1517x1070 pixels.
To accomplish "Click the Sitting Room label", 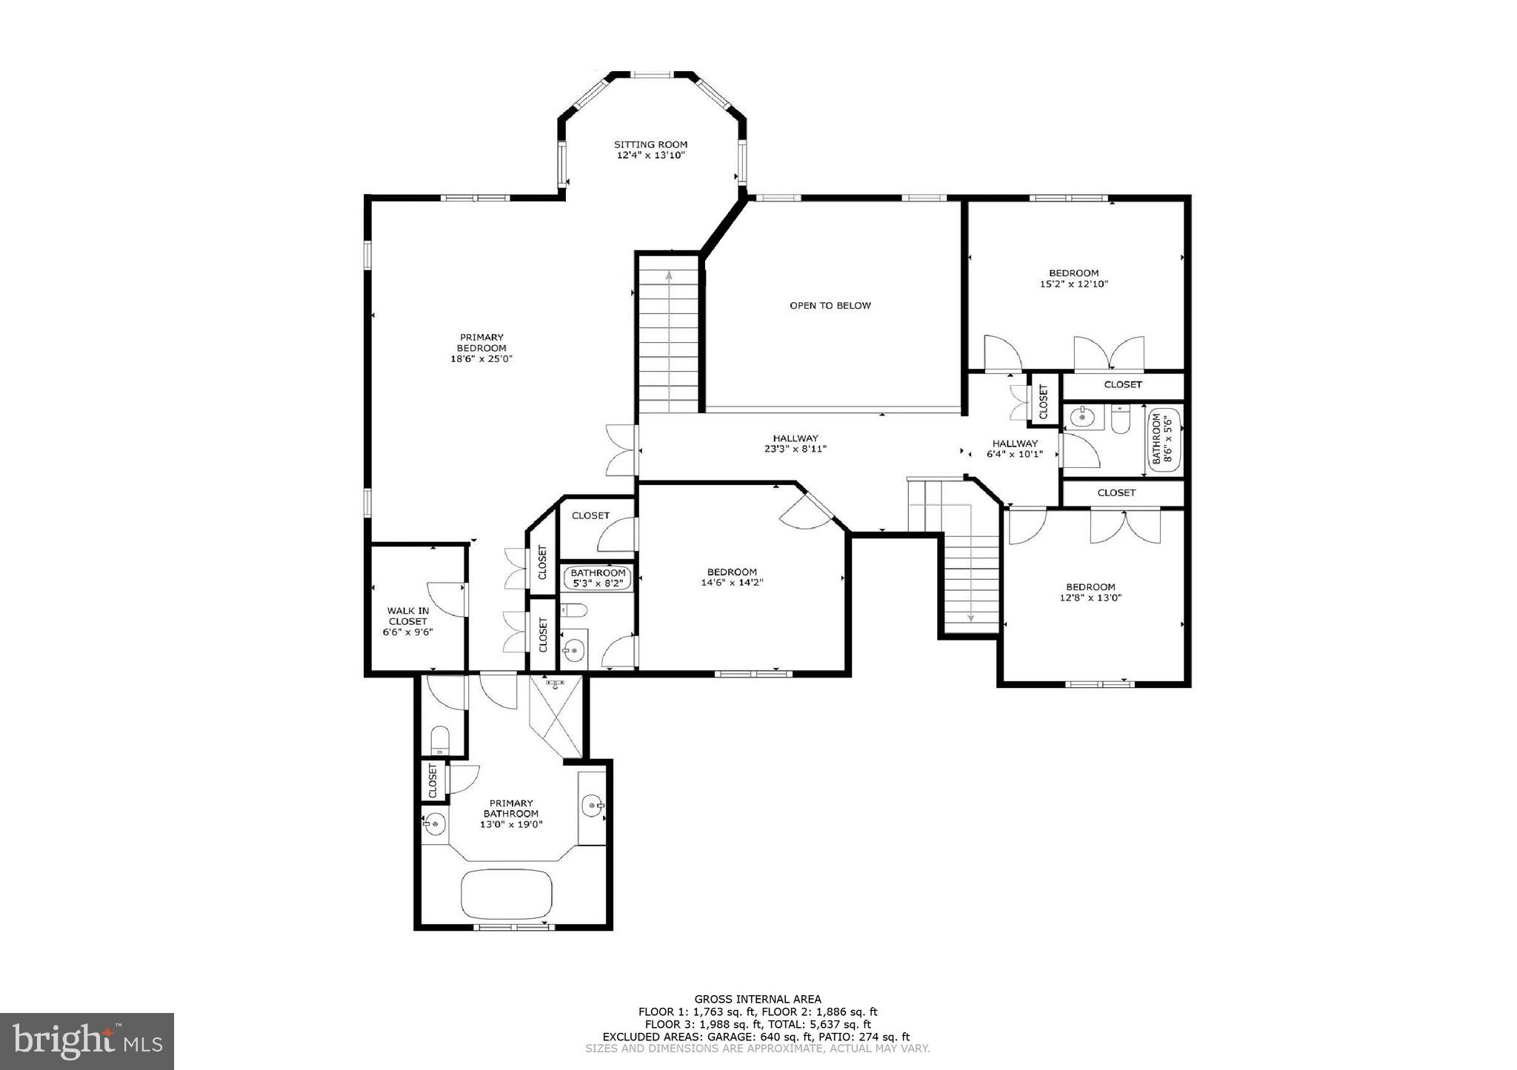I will click(x=650, y=150).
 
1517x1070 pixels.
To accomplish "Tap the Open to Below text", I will click(x=830, y=305).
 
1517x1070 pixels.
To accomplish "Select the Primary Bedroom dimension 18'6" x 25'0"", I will click(x=481, y=359).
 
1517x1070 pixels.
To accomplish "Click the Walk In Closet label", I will click(x=407, y=621).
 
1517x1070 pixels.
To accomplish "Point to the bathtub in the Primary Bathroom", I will click(x=507, y=894).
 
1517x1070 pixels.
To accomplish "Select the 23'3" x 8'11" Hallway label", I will click(x=796, y=444).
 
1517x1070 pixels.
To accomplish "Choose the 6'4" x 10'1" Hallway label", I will click(x=1015, y=449).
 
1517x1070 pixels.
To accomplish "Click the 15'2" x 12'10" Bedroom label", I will click(x=1073, y=278).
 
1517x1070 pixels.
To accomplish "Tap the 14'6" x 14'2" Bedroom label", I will click(x=732, y=577).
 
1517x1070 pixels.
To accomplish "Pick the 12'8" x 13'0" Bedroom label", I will click(x=1090, y=592).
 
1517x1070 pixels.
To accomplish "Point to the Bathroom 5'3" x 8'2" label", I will click(x=598, y=578).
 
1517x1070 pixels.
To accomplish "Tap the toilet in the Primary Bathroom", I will click(x=440, y=740).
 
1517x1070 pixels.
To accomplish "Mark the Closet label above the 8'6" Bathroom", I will click(x=1122, y=384).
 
